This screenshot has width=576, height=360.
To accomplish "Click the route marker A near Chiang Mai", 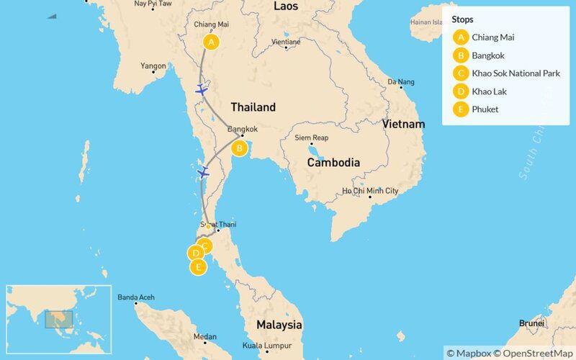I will [211, 42].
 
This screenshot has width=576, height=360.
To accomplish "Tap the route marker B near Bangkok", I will [239, 148].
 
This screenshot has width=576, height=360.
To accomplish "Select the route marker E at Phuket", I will [197, 267].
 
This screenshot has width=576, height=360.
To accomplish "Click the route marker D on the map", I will [194, 253].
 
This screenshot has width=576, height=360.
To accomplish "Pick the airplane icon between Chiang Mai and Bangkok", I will [202, 91].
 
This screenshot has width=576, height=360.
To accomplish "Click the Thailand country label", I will [253, 107].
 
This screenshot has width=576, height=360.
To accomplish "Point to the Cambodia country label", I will [333, 163].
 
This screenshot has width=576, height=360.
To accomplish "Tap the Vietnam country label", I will [403, 124].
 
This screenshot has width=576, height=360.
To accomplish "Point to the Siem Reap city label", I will [312, 138].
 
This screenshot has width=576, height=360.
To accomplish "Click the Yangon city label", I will [153, 66].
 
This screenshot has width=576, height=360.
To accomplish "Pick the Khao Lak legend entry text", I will [490, 91].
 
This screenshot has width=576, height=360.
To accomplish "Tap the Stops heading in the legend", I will [464, 20].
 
